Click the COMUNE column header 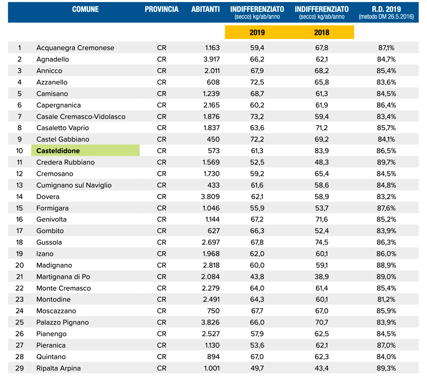[85, 9]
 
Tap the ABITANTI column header [205, 9]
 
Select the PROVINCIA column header [161, 9]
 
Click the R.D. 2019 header [386, 9]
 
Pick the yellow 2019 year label [257, 32]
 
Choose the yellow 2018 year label [322, 32]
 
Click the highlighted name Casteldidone [58, 151]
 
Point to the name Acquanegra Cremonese [75, 48]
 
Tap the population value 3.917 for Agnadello [212, 59]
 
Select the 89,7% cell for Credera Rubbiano [386, 162]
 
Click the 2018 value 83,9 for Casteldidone [322, 151]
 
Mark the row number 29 [20, 368]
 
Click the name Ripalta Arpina [58, 368]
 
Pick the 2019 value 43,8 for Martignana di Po [257, 277]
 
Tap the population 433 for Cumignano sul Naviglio [213, 185]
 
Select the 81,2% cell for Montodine [386, 299]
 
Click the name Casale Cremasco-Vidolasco [81, 117]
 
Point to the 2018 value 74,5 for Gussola [322, 242]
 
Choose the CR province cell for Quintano [161, 357]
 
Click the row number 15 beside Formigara [19, 208]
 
